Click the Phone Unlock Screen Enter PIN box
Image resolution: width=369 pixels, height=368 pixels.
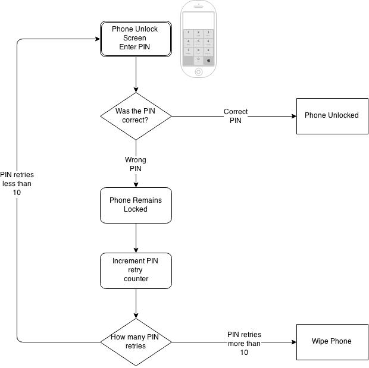[x=136, y=39]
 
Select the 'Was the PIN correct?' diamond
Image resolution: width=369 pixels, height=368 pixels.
[x=136, y=115]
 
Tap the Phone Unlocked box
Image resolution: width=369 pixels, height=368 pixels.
[x=332, y=115]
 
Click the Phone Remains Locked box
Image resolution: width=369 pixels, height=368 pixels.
[x=136, y=205]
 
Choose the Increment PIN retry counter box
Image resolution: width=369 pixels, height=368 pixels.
[x=136, y=270]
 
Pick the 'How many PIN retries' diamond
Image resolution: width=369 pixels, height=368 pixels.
[x=136, y=342]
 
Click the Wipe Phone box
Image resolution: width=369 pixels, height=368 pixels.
[x=332, y=341]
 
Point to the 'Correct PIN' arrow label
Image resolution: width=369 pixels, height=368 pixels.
[x=236, y=115]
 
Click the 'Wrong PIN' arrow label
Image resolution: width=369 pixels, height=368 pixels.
[x=135, y=164]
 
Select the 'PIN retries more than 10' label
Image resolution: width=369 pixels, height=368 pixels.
[x=244, y=344]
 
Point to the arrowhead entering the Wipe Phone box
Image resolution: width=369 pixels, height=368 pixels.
[x=293, y=342]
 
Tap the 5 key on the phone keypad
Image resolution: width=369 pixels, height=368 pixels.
[x=199, y=42]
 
